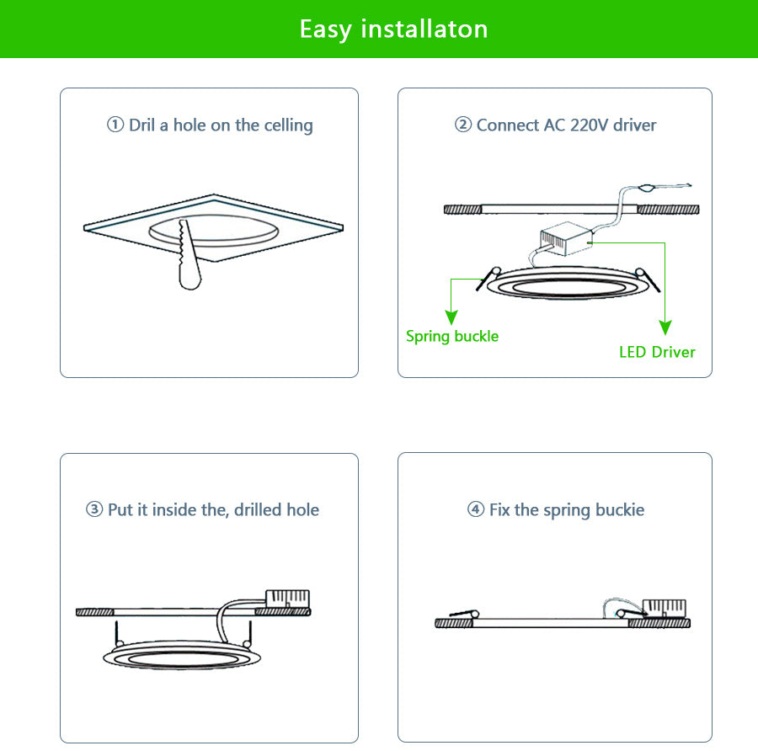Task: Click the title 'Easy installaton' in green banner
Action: click(x=393, y=29)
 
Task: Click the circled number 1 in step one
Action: click(x=115, y=125)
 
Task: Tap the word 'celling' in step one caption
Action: click(x=288, y=125)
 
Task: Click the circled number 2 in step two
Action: click(x=463, y=125)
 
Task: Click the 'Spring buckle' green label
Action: click(x=452, y=336)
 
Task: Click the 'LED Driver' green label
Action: click(x=657, y=352)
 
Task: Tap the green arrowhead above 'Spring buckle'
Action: click(x=451, y=317)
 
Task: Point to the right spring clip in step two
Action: click(x=649, y=280)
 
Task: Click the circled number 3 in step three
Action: click(x=94, y=510)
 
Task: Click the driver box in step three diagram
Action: click(x=287, y=599)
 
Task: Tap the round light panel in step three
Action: click(x=181, y=656)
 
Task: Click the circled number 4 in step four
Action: click(x=476, y=510)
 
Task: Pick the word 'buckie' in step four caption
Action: click(x=619, y=510)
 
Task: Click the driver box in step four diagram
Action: click(x=665, y=608)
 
